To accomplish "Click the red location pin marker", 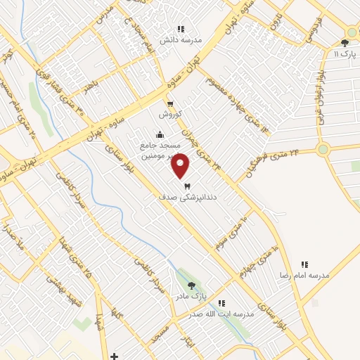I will click(181, 165).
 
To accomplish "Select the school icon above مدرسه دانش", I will click(181, 30).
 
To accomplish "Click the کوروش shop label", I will click(171, 114).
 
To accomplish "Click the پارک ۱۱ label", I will click(346, 54).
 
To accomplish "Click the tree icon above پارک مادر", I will click(192, 285).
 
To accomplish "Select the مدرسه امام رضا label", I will click(304, 276).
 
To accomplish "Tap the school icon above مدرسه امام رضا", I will click(304, 264).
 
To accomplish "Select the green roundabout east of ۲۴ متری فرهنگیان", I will click(323, 149).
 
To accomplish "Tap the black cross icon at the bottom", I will click(114, 356).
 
